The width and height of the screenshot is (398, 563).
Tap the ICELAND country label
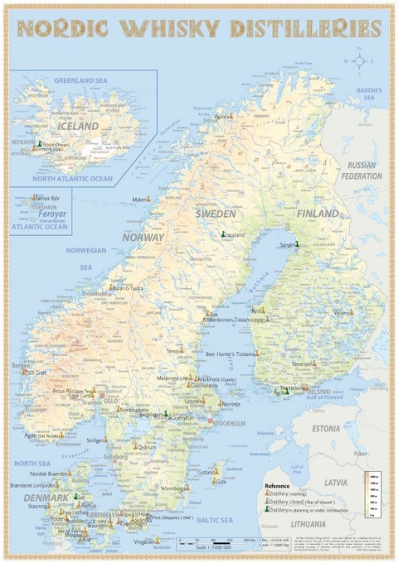[78, 126]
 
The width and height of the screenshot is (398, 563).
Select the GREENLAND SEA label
[80, 80]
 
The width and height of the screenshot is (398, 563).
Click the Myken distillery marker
[148, 199]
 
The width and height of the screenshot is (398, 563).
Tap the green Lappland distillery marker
[224, 234]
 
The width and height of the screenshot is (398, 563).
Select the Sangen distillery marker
[297, 243]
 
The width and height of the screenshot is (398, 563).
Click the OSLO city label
[110, 401]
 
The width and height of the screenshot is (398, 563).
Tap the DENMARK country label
[47, 498]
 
